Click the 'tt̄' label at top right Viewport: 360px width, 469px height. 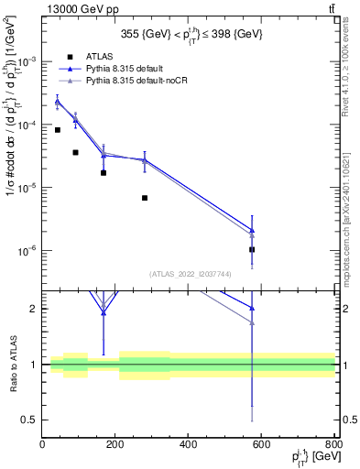pos(331,8)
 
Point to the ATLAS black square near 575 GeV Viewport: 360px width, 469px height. pos(252,249)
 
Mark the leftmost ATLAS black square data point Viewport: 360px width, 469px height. pos(58,130)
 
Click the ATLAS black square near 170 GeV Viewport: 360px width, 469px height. pos(104,172)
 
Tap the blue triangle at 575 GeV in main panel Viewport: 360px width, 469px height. pos(252,230)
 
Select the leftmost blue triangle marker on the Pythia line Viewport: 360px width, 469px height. pos(58,102)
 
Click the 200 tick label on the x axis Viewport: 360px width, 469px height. pos(115,444)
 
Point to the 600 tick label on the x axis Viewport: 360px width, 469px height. pos(262,444)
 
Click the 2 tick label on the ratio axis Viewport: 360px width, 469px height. pos(35,309)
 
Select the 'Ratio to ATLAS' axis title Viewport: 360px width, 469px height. pos(11,364)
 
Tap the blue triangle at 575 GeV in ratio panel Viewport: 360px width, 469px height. pos(252,308)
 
